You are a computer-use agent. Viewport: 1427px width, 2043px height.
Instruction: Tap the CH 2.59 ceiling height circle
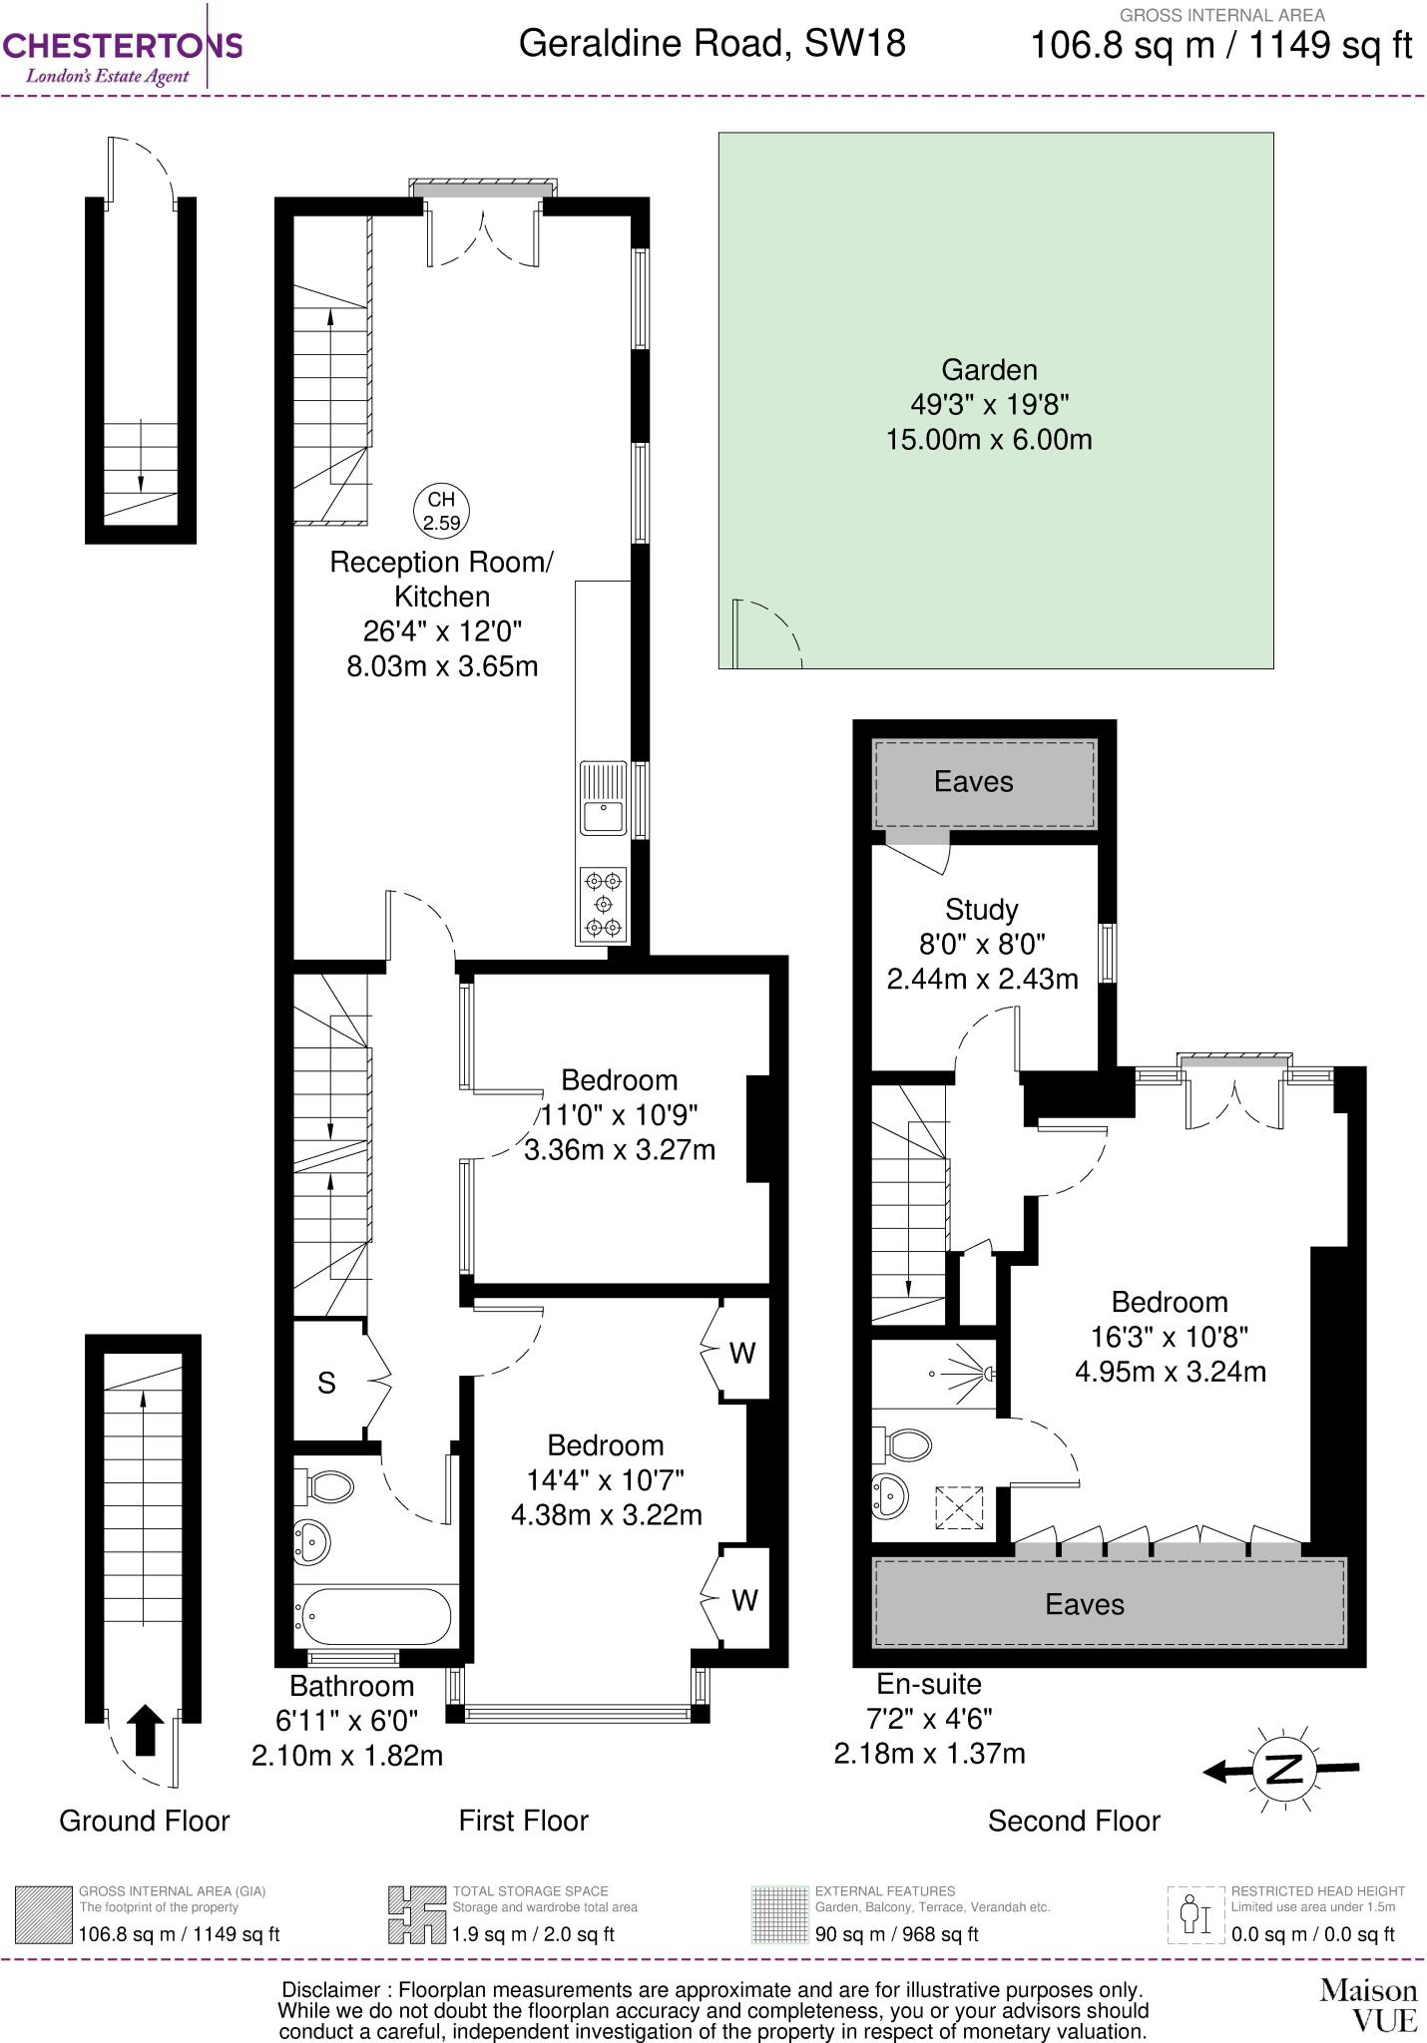[441, 511]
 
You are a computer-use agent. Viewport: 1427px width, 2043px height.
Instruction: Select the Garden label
[989, 370]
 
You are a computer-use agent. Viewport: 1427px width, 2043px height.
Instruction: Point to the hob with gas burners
[603, 905]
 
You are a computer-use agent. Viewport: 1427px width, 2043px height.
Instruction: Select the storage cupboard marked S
[327, 1383]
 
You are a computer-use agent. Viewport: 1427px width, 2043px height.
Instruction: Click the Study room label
[981, 909]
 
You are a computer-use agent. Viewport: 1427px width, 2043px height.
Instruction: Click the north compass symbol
[1285, 1769]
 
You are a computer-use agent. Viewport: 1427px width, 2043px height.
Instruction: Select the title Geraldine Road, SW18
[713, 44]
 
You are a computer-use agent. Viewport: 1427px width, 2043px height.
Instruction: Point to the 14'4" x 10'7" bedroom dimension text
[606, 1479]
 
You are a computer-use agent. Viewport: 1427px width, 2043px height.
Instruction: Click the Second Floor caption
[1074, 1821]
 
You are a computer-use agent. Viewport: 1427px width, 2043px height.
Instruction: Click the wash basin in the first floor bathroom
[312, 1543]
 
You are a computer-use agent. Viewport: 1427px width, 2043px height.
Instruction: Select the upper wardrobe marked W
[743, 1353]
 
